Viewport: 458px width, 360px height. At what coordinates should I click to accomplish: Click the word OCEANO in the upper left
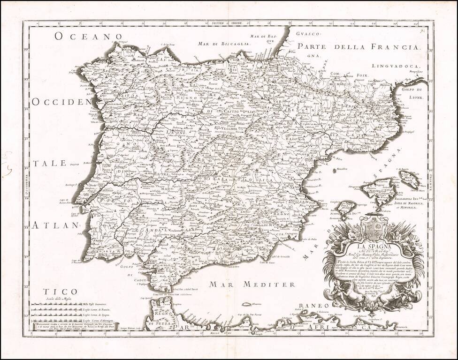click(88, 36)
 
